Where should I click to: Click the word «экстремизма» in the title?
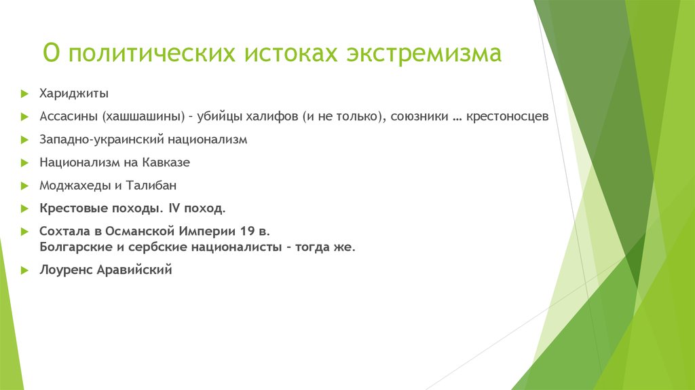pyautogui.click(x=425, y=54)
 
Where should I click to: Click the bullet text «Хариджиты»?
pyautogui.click(x=74, y=93)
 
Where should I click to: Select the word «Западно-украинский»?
pyautogui.click(x=93, y=139)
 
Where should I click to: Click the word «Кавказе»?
pyautogui.click(x=166, y=162)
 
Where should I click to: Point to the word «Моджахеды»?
pyautogui.click(x=71, y=185)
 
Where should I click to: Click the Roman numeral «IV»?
pyautogui.click(x=175, y=207)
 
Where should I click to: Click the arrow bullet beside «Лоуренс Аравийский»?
pyautogui.click(x=24, y=270)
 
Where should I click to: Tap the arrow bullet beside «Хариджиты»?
pyautogui.click(x=24, y=93)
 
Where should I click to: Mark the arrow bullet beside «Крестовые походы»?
pyautogui.click(x=24, y=208)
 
